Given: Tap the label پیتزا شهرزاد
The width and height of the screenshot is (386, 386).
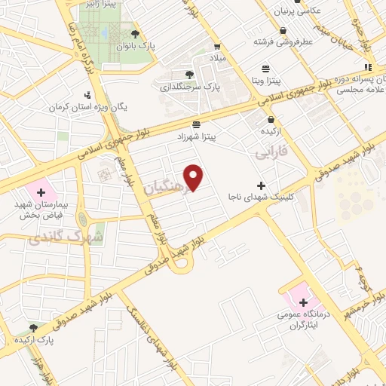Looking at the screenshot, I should [196, 136].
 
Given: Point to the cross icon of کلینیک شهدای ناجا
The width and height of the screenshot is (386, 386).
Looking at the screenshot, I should [262, 185].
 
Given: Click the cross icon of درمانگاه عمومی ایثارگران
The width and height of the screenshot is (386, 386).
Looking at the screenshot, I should [303, 302].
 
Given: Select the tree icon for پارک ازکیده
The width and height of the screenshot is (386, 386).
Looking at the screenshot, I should [33, 327].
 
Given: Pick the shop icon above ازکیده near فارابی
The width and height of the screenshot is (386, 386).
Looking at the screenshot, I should [270, 119].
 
